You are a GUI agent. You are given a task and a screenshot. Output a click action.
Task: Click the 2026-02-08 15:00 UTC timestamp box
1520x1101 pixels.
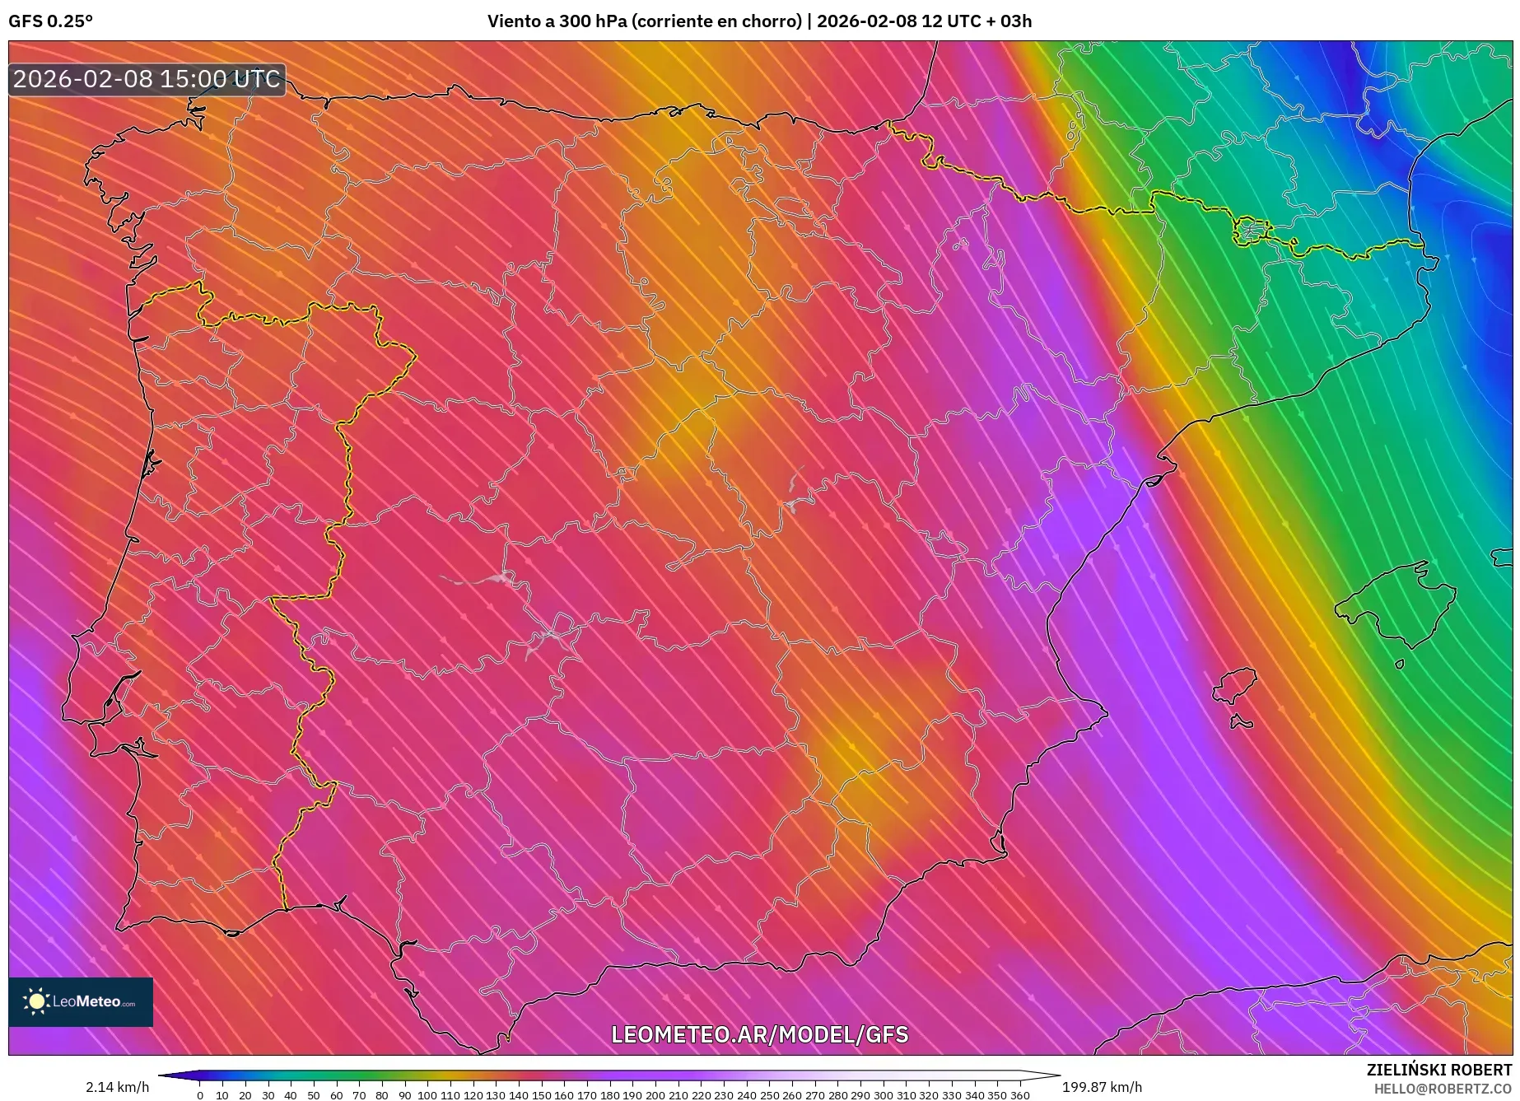pos(147,79)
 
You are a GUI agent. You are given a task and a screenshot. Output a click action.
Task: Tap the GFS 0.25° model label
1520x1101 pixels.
pos(50,21)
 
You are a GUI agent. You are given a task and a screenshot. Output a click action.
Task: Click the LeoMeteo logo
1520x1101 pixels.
pos(81,1001)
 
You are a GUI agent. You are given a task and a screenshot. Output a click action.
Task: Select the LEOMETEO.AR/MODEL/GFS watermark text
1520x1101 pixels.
pos(759,1034)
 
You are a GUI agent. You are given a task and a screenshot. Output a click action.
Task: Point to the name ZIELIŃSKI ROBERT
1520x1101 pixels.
pos(1438,1070)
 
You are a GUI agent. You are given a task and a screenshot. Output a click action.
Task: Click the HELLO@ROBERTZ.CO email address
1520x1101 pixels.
pos(1443,1089)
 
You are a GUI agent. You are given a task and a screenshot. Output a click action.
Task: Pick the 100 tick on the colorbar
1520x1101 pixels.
pos(427,1095)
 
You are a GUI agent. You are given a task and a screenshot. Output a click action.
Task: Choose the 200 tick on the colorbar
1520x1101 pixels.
pos(655,1095)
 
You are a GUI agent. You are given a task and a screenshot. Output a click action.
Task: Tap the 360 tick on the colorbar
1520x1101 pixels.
pos(1019,1095)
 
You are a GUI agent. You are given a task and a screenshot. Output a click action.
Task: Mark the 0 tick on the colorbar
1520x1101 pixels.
pos(199,1095)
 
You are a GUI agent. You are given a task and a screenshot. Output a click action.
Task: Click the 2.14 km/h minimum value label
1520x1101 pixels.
pos(117,1087)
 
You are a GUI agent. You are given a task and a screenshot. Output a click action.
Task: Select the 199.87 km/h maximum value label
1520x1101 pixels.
pos(1102,1087)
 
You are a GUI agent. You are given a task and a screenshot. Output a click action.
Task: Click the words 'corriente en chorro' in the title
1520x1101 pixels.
pos(716,21)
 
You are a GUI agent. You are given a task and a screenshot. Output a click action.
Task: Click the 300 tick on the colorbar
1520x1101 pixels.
pos(883,1095)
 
